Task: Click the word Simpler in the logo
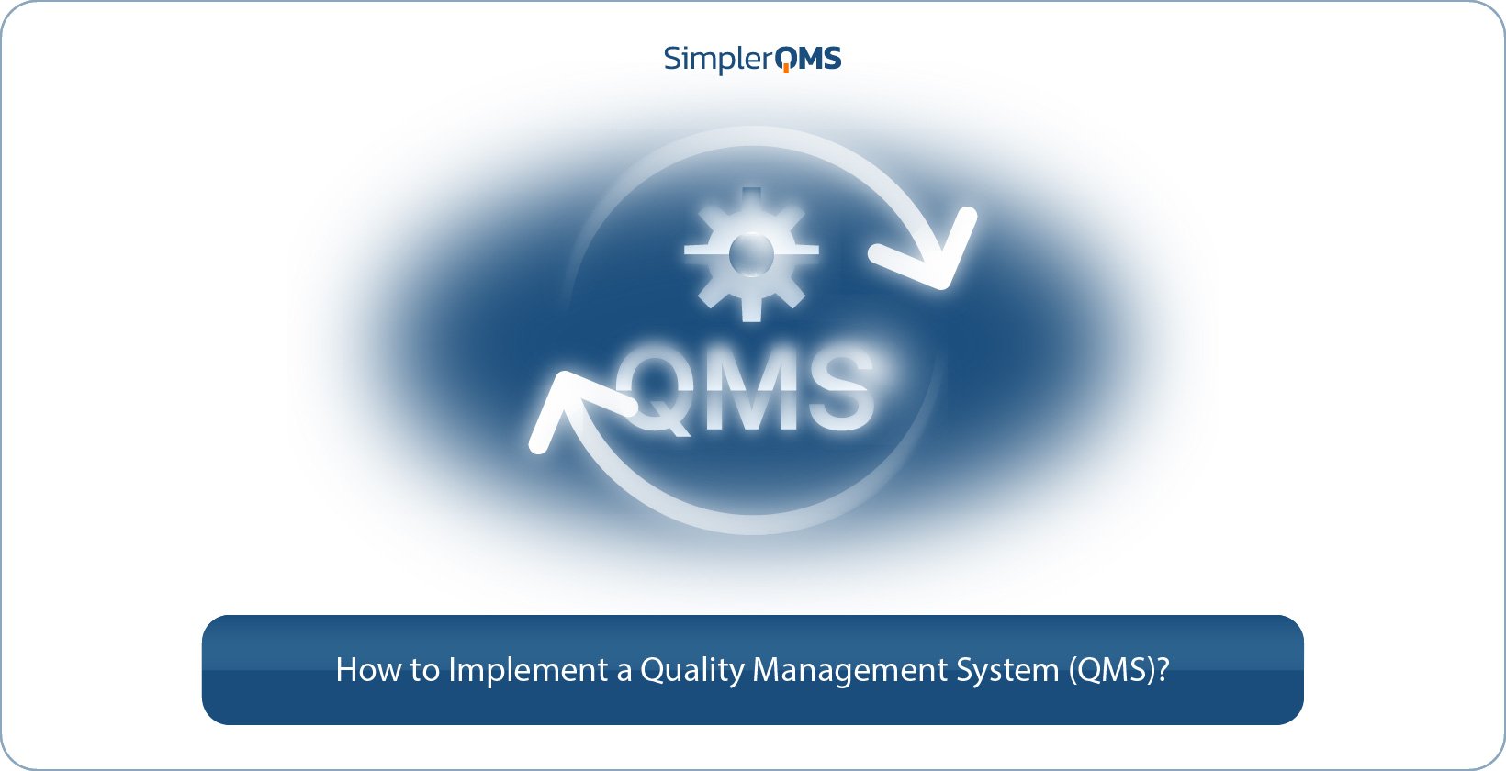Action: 717,60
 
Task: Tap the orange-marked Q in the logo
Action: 788,60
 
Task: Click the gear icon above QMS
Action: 752,255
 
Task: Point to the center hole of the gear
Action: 752,255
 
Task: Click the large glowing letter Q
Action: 657,389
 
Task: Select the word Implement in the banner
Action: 527,671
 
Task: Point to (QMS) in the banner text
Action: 1110,671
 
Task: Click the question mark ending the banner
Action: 1163,670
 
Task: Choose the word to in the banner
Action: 424,671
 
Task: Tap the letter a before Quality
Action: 624,672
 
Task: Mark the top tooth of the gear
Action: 752,198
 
